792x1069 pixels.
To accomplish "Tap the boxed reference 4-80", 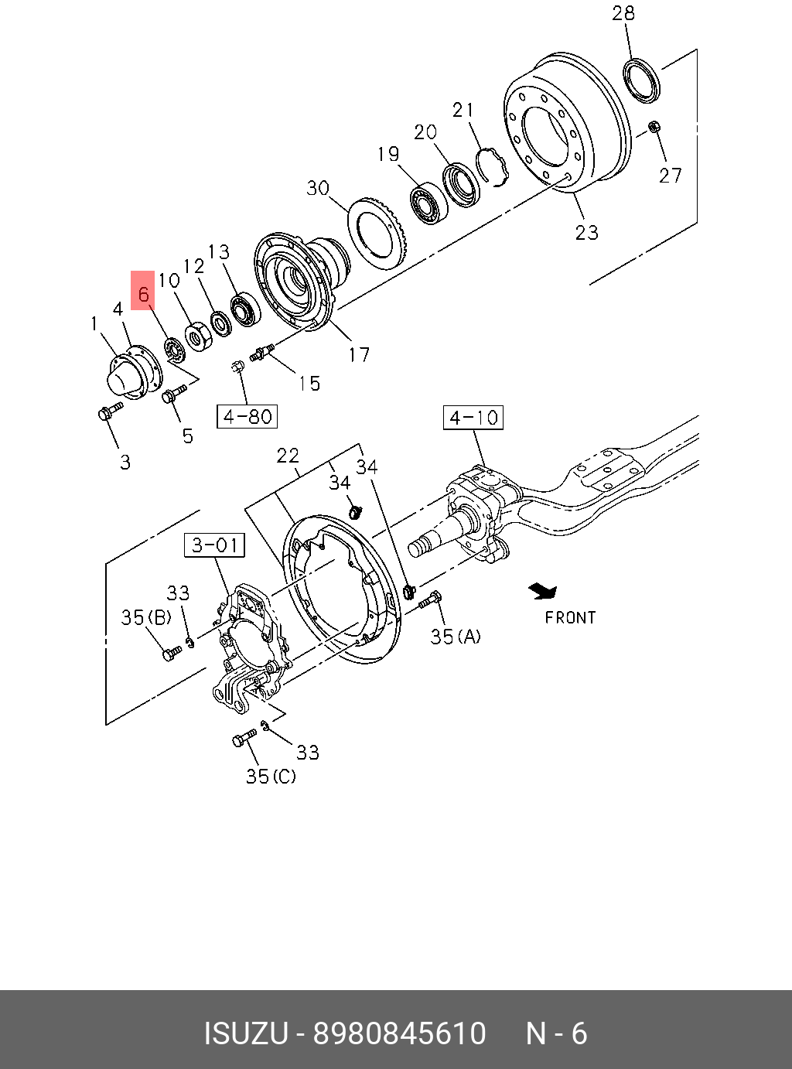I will coord(247,416).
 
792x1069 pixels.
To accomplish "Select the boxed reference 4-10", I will coord(473,418).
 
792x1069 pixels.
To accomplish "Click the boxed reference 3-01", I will coord(215,545).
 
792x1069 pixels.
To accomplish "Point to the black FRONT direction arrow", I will coord(543,592).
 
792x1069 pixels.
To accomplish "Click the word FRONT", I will coord(570,617).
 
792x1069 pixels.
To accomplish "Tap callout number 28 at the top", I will coord(623,13).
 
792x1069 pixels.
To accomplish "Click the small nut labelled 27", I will coord(654,127).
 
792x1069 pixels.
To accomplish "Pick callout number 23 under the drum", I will coord(586,231).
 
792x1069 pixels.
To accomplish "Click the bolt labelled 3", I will coord(110,411).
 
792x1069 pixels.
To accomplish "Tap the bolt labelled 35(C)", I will coord(244,738).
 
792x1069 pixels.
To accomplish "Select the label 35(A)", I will coord(456,637).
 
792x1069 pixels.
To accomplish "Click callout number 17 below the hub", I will coord(359,354).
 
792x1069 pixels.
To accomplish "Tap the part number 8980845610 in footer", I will coord(399,1033).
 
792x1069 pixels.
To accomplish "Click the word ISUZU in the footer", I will coord(245,1033).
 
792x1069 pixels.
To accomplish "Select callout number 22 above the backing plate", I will coord(288,456).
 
